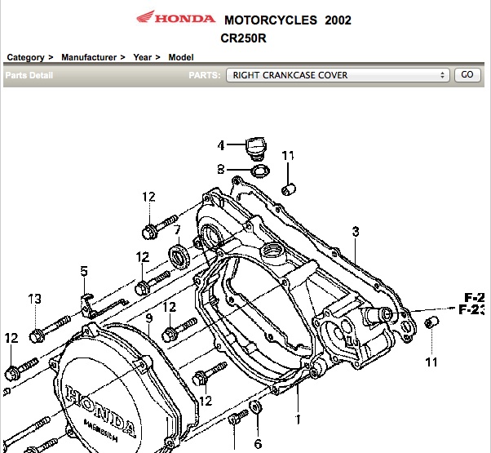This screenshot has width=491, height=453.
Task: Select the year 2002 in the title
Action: point(338,20)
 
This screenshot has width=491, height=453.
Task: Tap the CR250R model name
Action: point(244,38)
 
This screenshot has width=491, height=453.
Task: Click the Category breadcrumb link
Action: point(25,57)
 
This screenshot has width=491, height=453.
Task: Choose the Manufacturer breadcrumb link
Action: point(88,57)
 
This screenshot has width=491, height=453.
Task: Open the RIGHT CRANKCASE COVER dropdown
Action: point(338,75)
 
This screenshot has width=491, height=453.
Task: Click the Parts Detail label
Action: point(29,75)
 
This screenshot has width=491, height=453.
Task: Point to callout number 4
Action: point(220,146)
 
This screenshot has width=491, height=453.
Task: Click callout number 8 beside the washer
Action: point(220,170)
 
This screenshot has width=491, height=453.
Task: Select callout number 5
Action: point(83,271)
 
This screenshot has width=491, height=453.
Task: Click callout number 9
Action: point(149,318)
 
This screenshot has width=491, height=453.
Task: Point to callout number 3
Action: point(355,232)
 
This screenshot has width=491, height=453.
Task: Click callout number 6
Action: point(258,444)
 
